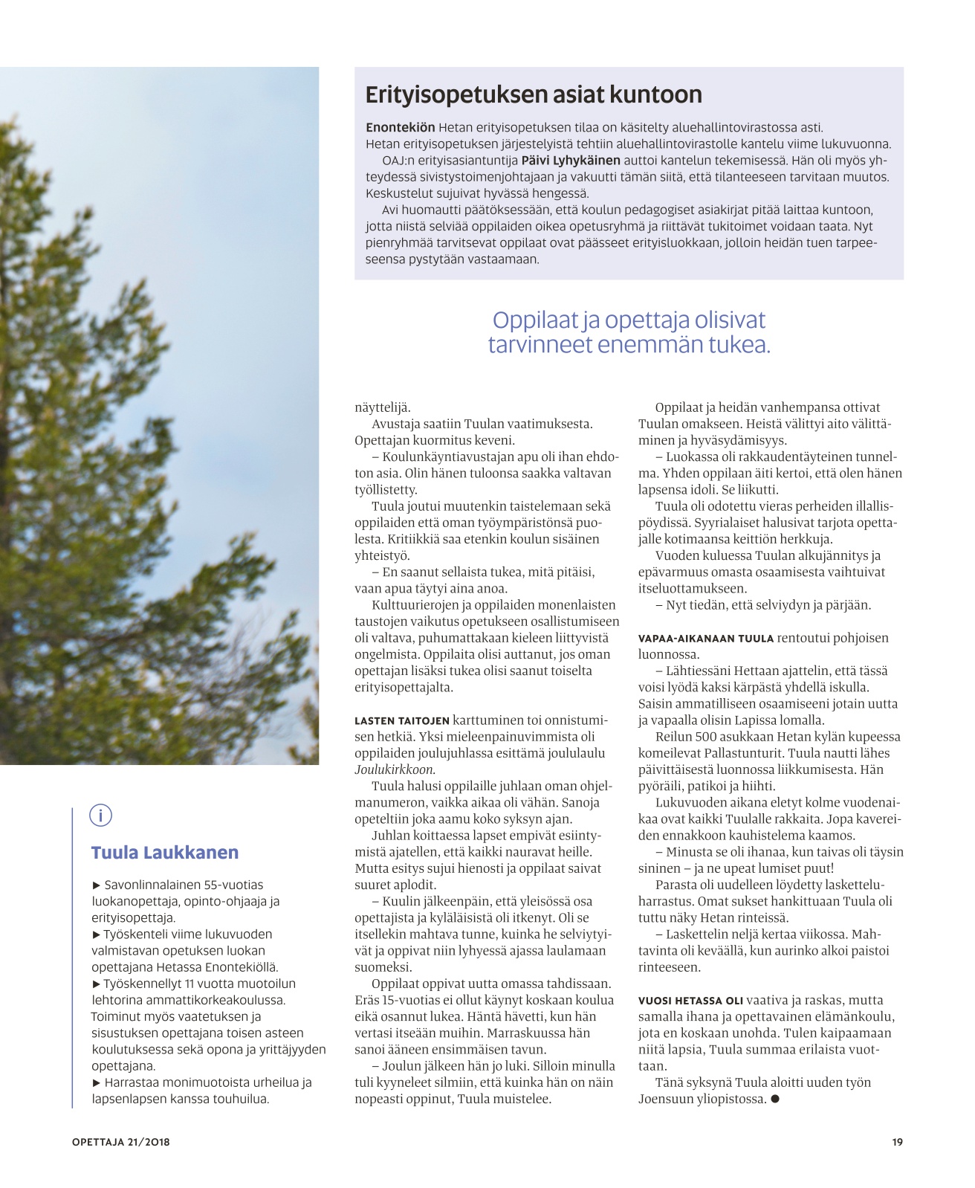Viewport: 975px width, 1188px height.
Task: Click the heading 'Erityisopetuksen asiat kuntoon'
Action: click(x=534, y=95)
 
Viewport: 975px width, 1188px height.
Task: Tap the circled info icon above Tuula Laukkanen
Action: click(x=100, y=816)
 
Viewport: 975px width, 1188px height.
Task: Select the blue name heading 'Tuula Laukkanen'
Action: click(x=165, y=853)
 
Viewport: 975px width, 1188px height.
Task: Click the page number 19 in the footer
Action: click(x=897, y=1142)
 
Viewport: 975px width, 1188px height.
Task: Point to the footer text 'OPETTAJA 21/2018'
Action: click(x=121, y=1142)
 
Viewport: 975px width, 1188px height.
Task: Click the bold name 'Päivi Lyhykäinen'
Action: click(x=571, y=161)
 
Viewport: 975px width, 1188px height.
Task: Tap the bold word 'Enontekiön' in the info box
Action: click(x=400, y=128)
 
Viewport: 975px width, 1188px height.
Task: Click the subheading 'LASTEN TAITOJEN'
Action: click(x=402, y=720)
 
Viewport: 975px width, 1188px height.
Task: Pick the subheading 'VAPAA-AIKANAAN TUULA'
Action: click(x=706, y=638)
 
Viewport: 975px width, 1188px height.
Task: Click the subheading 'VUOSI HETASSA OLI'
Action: click(x=690, y=1000)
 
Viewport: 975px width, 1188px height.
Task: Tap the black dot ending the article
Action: click(x=775, y=1099)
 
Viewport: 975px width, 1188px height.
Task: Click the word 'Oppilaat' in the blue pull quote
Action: click(x=534, y=320)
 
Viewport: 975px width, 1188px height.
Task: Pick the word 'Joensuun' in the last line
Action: click(x=664, y=1099)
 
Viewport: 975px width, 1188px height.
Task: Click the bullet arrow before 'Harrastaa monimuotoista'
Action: click(x=96, y=1082)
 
